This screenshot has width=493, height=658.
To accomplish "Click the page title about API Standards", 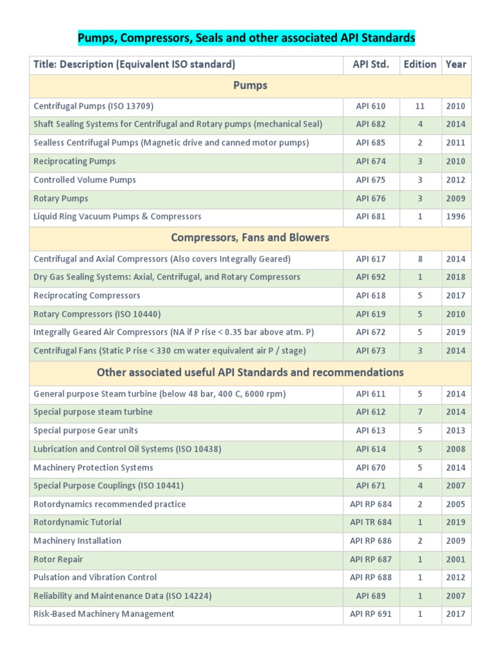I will click(246, 39).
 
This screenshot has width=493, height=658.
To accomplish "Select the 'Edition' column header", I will click(420, 64).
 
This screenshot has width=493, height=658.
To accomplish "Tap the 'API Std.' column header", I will click(370, 64).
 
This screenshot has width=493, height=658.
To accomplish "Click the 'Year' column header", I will click(456, 64).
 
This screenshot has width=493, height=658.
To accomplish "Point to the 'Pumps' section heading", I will click(250, 85).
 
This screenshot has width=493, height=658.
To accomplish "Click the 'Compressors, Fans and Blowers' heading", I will click(250, 238).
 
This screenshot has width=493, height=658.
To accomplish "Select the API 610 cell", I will click(370, 106).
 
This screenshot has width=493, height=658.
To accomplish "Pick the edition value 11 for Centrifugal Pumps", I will click(420, 106).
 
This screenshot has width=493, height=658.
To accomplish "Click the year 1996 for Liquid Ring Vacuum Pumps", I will click(456, 217).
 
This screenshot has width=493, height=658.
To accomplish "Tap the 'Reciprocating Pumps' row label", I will click(74, 161).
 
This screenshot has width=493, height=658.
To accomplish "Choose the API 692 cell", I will click(370, 277).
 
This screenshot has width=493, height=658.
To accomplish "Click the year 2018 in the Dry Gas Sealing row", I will click(456, 277).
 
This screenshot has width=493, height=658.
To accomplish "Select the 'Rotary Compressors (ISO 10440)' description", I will click(97, 314).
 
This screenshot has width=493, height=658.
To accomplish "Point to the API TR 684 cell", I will click(370, 522).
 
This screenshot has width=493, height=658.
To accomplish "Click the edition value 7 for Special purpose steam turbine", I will click(420, 412).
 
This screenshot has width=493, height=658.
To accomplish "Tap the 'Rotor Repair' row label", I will click(58, 560).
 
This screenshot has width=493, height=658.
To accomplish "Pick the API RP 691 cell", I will click(370, 614).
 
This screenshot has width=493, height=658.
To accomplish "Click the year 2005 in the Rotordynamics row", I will click(456, 504).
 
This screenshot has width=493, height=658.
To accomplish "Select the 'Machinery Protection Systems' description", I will click(93, 468).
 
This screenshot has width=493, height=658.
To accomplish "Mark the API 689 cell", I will click(370, 596).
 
